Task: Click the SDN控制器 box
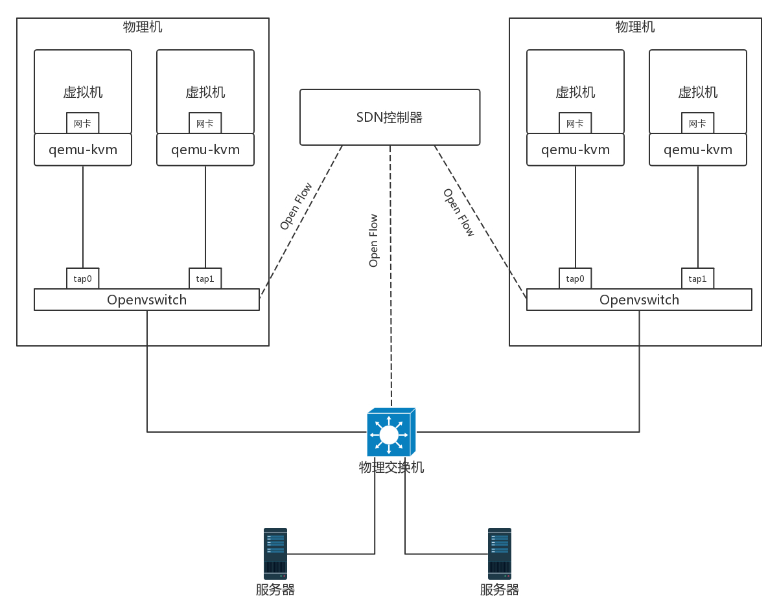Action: click(x=389, y=117)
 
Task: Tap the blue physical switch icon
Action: click(x=390, y=433)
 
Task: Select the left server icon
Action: click(x=275, y=553)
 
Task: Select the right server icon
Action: click(x=500, y=553)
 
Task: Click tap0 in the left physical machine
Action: click(x=82, y=279)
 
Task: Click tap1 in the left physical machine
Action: click(x=205, y=279)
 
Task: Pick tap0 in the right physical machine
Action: click(x=575, y=279)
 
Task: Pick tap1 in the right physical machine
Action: click(x=697, y=279)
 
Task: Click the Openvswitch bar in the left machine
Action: click(x=146, y=300)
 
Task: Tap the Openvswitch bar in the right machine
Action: click(x=639, y=300)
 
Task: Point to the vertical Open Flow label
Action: click(x=373, y=240)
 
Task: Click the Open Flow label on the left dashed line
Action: click(x=296, y=206)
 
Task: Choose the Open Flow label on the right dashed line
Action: click(x=459, y=212)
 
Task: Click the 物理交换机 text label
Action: click(x=391, y=467)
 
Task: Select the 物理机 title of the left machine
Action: click(x=143, y=27)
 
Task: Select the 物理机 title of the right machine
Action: click(x=635, y=27)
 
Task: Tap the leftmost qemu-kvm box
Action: click(x=82, y=150)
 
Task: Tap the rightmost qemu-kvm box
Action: click(x=697, y=150)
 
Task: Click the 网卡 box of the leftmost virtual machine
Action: click(x=82, y=123)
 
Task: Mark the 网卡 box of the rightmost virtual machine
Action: click(x=697, y=123)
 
